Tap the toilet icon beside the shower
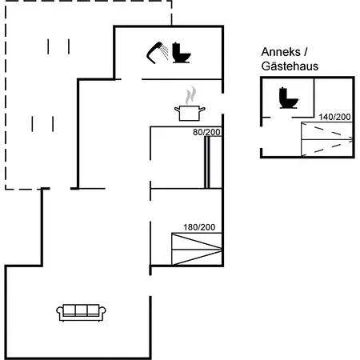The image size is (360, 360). pos(182,53)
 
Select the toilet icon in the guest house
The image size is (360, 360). pos(288,98)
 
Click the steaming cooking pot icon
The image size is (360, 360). pos(190,104)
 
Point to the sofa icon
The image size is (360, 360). pos(81,313)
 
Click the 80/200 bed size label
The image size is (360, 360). pos(206,132)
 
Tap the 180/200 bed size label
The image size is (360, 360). pos(199,227)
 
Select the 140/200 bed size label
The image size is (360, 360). pos(334,117)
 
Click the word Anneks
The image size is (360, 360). pos(281,52)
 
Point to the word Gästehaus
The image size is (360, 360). pos(290,66)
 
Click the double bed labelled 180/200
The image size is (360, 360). pos(197,249)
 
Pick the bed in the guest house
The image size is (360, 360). pos(327,139)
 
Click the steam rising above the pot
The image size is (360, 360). pos(191,95)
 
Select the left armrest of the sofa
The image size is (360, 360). pos(59,312)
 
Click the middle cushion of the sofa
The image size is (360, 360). pos(81,310)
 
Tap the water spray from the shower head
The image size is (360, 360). pos(165,52)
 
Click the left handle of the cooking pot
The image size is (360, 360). pos(177,110)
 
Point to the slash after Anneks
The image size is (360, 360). pos(306,52)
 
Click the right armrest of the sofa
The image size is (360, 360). pos(102,312)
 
